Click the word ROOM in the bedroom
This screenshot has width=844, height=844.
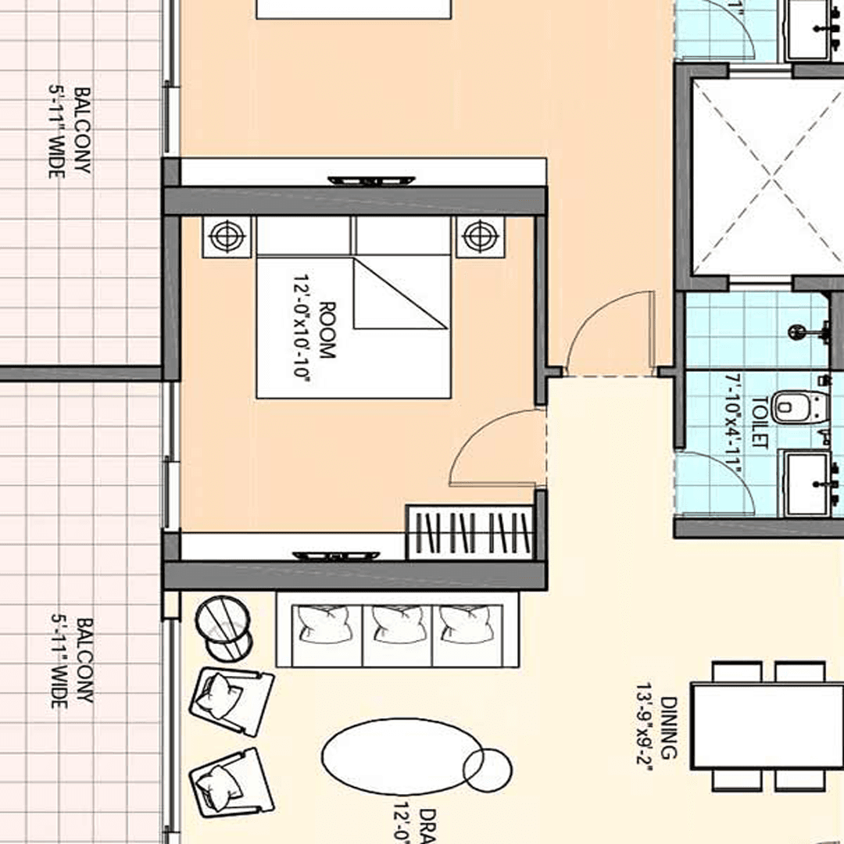(327, 330)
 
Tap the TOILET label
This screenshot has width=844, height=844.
(757, 422)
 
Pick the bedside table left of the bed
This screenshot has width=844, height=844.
(227, 234)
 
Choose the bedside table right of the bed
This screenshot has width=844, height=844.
(481, 234)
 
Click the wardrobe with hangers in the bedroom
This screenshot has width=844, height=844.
(470, 532)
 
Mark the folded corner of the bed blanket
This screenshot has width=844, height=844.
(391, 297)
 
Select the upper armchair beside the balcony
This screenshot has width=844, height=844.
(231, 700)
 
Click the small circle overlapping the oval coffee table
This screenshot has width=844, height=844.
(488, 770)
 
